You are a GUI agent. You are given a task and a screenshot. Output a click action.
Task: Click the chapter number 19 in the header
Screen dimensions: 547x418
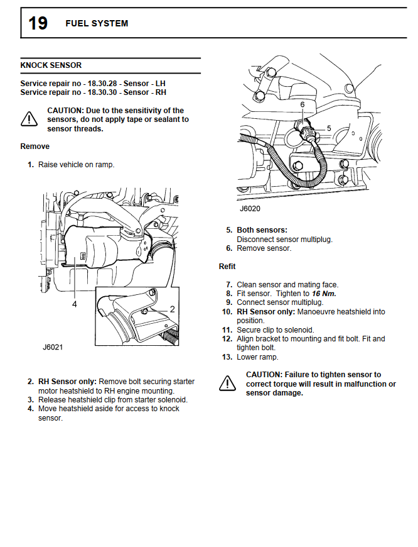click(38, 23)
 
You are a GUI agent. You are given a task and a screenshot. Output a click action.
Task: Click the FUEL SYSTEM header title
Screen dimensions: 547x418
click(97, 23)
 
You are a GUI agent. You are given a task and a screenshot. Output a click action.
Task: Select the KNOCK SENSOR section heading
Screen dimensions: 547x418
click(51, 65)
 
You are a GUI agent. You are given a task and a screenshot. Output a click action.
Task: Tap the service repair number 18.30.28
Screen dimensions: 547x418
click(104, 83)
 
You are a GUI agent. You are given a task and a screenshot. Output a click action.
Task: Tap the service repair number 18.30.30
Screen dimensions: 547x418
click(104, 92)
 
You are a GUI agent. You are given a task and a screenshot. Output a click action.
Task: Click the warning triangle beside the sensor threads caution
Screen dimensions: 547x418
click(29, 118)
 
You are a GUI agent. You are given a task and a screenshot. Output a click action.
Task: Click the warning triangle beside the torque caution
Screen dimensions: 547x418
click(227, 382)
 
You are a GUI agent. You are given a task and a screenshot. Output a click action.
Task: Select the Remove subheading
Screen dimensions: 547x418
click(35, 146)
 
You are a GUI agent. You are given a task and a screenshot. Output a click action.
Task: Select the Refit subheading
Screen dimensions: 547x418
click(227, 267)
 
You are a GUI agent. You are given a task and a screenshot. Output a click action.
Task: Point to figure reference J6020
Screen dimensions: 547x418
click(250, 207)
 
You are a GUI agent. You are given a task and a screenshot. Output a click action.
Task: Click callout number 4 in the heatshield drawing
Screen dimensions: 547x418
click(74, 304)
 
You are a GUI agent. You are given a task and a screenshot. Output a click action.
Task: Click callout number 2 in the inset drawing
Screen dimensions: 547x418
click(172, 309)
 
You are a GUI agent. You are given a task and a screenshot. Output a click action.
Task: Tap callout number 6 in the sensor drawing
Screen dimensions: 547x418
click(302, 104)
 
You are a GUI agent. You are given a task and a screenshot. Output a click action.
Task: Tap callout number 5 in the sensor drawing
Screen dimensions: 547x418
click(329, 128)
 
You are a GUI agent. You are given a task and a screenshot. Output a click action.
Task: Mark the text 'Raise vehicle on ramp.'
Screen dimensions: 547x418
click(76, 165)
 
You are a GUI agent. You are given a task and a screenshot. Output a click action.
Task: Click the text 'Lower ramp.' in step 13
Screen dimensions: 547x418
click(257, 357)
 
